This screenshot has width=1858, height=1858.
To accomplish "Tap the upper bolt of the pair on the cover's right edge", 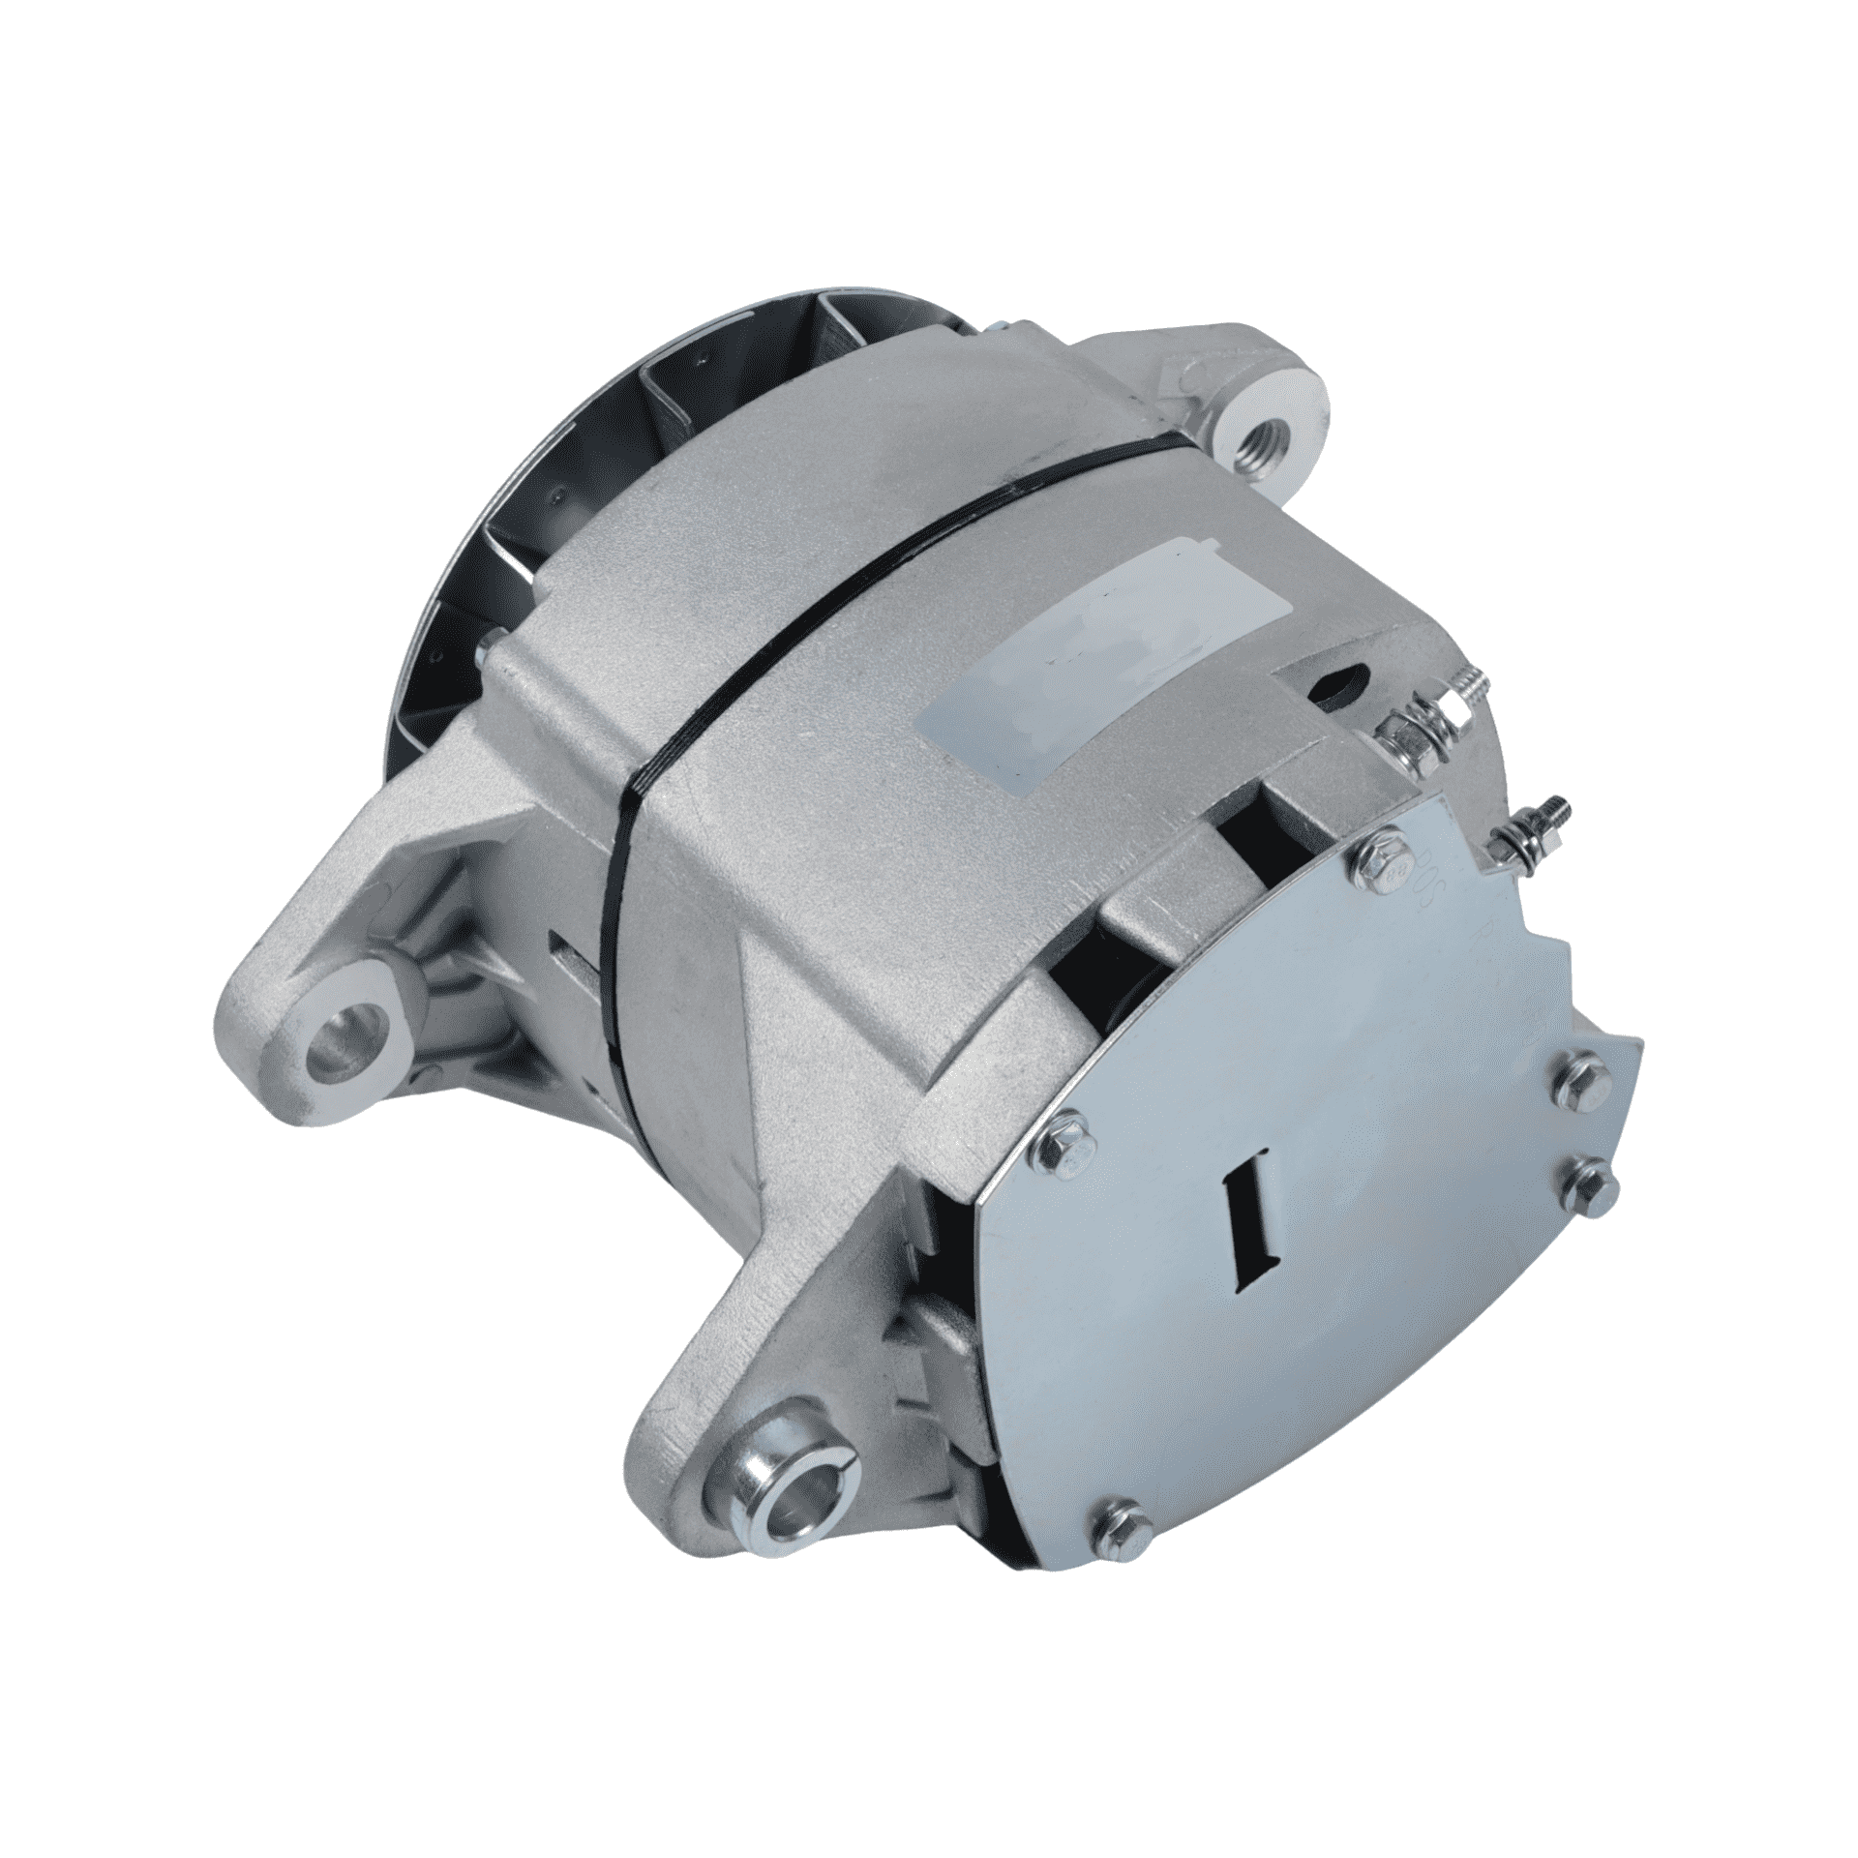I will pos(1569,1075).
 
